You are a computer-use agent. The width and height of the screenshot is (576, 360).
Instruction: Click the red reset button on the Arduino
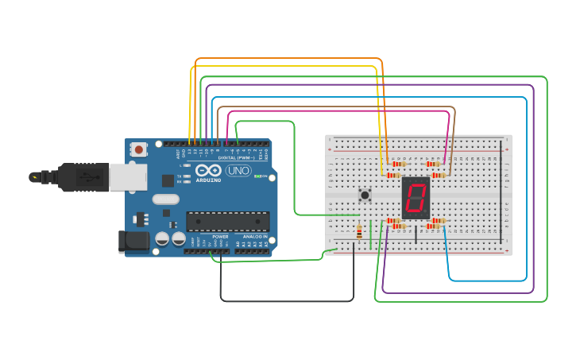click(x=139, y=149)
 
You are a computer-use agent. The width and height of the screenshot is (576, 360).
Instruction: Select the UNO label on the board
click(x=238, y=171)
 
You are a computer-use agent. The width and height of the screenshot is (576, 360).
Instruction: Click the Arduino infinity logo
click(x=208, y=170)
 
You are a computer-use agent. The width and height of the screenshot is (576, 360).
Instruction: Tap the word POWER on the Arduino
click(x=220, y=237)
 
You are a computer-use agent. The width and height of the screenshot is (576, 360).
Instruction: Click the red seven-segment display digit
click(x=415, y=198)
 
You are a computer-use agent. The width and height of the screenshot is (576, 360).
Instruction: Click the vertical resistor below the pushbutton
click(x=360, y=233)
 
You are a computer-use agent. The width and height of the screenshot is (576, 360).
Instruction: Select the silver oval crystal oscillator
click(x=164, y=199)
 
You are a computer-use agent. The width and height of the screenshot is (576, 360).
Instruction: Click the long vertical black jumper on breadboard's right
click(x=501, y=191)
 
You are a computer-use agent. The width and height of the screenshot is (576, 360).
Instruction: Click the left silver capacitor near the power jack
click(x=162, y=238)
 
